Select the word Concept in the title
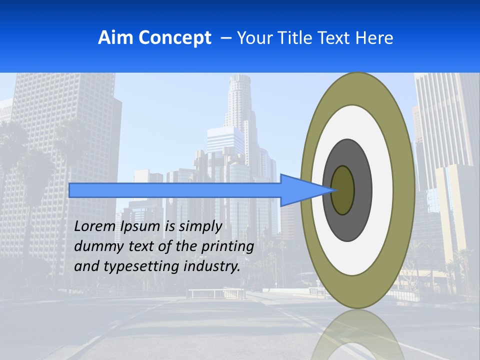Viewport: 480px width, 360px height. (x=175, y=38)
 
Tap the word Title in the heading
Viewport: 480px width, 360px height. (x=295, y=38)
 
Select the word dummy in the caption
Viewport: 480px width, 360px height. (x=95, y=246)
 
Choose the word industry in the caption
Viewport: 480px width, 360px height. (x=212, y=266)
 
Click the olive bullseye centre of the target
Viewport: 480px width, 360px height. (x=343, y=190)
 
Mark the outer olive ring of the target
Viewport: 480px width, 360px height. (x=404, y=190)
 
